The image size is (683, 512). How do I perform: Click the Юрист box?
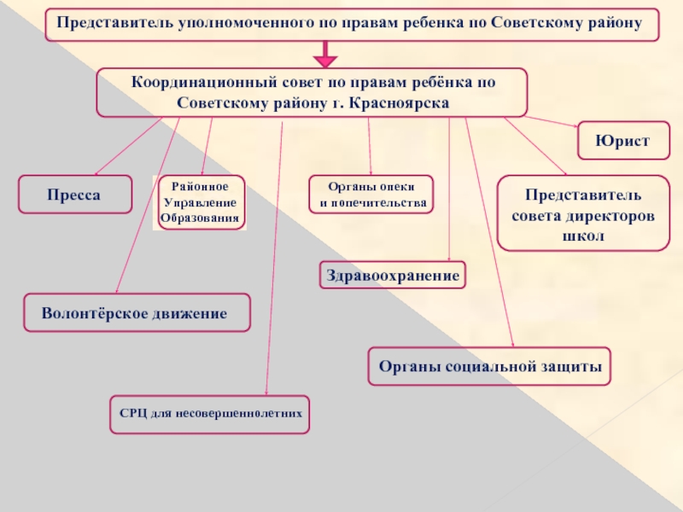pos(623,141)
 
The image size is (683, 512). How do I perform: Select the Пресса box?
pos(75,195)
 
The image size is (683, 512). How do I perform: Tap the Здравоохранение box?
pos(393,275)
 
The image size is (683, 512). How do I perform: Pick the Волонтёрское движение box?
pos(137,312)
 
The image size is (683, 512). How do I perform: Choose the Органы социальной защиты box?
pos(489,366)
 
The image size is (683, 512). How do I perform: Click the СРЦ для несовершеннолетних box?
pos(209,415)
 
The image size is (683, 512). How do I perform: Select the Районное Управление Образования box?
pos(201,202)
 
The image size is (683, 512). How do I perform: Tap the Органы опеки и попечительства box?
pos(371,195)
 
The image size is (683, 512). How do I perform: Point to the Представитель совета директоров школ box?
pos(583,213)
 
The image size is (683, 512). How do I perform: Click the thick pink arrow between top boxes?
pos(325,54)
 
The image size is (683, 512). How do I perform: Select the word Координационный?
pos(204,82)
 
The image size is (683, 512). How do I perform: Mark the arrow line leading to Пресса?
pos(129,146)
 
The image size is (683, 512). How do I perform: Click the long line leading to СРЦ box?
pos(274,259)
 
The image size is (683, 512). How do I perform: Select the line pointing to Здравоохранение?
pos(449,189)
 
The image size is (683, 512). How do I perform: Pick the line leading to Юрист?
pos(552,121)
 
